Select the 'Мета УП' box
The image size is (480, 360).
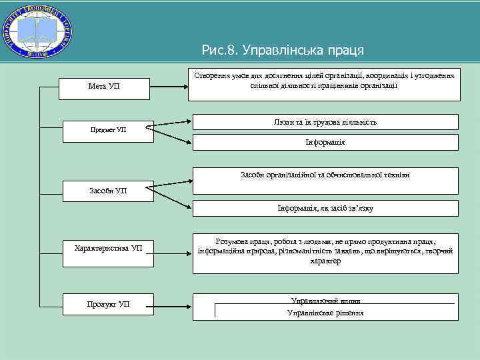click(x=104, y=87)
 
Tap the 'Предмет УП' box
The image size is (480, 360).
click(x=107, y=129)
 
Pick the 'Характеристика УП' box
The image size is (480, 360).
click(x=107, y=249)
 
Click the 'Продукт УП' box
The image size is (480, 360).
click(x=107, y=305)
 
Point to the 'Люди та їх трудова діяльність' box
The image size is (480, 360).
click(x=325, y=122)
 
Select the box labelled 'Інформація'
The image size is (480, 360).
click(x=325, y=142)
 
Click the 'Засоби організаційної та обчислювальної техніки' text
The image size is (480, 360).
click(x=325, y=175)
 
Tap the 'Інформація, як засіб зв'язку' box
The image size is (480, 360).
click(x=325, y=209)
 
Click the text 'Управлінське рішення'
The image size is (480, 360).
click(x=325, y=313)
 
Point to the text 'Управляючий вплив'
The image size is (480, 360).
click(x=325, y=301)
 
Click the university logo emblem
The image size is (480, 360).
click(x=38, y=31)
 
